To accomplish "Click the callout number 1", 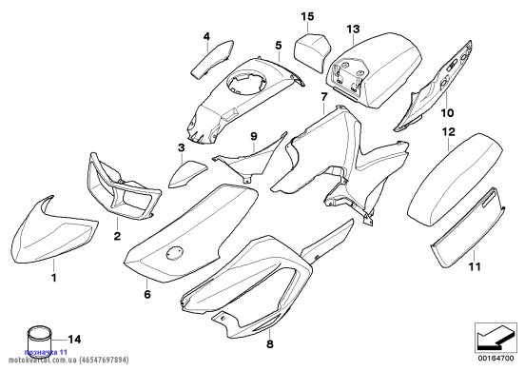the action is (x=53, y=278).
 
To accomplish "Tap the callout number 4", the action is (x=206, y=36).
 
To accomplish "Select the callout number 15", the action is (x=307, y=16).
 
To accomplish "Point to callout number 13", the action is (x=353, y=29).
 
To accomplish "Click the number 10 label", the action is (x=447, y=113).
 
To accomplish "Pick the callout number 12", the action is (x=449, y=132).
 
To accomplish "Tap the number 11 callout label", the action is (x=475, y=266).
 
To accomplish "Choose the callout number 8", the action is (x=270, y=343).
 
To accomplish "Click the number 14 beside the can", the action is (x=74, y=340).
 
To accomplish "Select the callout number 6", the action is (x=147, y=294).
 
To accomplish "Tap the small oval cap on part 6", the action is (x=174, y=253).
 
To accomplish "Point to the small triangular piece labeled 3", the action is (x=186, y=173).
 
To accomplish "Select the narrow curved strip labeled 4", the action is (x=212, y=59).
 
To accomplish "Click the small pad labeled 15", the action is (x=311, y=52).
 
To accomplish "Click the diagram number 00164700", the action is (x=496, y=359).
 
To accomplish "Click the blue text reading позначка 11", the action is (x=46, y=352).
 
